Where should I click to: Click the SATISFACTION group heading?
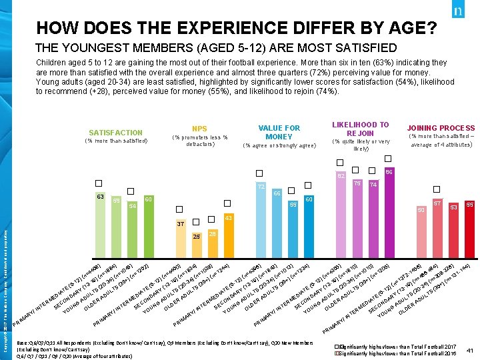[116, 133]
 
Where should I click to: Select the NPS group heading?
[199, 128]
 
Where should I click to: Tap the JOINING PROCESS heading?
[441, 128]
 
